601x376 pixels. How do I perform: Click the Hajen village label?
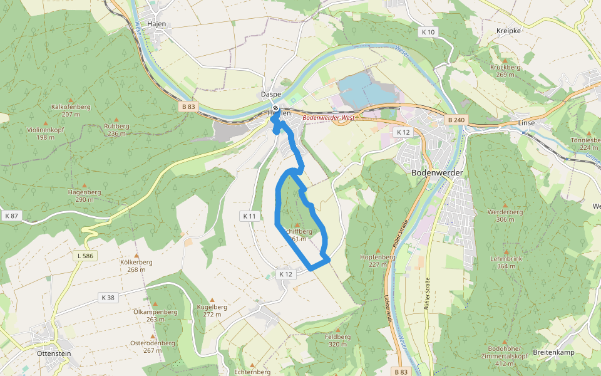pos(155,23)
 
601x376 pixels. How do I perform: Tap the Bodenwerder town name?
pos(437,172)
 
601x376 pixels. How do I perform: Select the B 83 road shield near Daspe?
pos(188,107)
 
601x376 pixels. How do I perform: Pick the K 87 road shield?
pos(11,216)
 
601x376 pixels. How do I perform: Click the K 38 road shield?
pos(108,297)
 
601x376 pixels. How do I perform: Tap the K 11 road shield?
pos(249,216)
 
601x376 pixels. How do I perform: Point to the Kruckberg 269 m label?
pos(505,71)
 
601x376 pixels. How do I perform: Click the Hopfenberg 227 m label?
pos(378,260)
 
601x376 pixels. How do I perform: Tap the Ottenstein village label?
pos(54,353)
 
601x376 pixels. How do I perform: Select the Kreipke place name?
pos(508,31)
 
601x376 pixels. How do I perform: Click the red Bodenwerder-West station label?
pos(329,117)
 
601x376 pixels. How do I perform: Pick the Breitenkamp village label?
pos(553,353)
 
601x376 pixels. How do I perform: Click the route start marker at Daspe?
pos(275,108)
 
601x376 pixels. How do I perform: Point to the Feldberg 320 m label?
pos(338,340)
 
